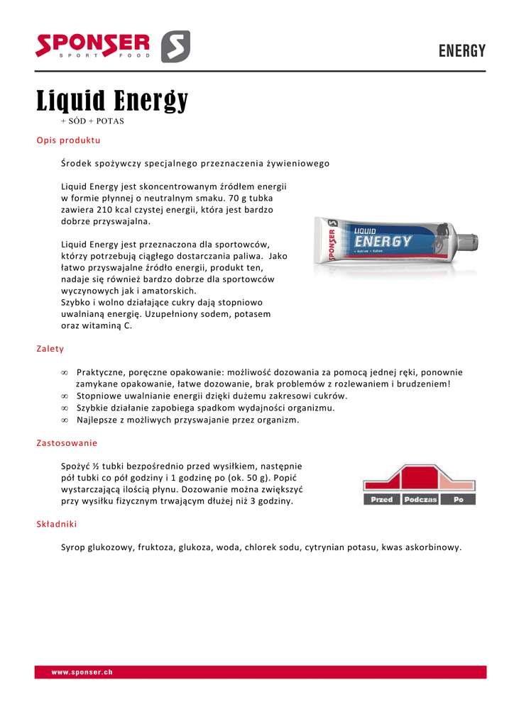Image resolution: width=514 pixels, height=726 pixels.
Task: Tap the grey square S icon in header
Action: tap(175, 47)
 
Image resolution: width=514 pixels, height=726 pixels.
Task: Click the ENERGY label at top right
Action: tap(461, 51)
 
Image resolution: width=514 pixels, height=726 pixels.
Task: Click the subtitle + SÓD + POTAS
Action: tap(92, 121)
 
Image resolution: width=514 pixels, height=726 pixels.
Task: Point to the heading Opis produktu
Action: tap(68, 140)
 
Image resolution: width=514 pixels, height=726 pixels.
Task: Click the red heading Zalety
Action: tap(50, 349)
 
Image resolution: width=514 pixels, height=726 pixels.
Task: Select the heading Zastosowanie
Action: tap(67, 443)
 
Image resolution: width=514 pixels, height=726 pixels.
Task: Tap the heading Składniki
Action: tap(57, 524)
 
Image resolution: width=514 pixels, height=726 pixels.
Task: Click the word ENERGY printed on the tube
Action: tap(383, 242)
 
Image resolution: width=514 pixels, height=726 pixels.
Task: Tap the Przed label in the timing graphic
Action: tap(382, 500)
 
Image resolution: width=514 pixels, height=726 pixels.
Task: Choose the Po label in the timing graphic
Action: tap(458, 500)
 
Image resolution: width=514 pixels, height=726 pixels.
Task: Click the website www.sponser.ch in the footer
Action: tap(82, 672)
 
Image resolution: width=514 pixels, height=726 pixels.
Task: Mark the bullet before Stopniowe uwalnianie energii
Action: tap(65, 396)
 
